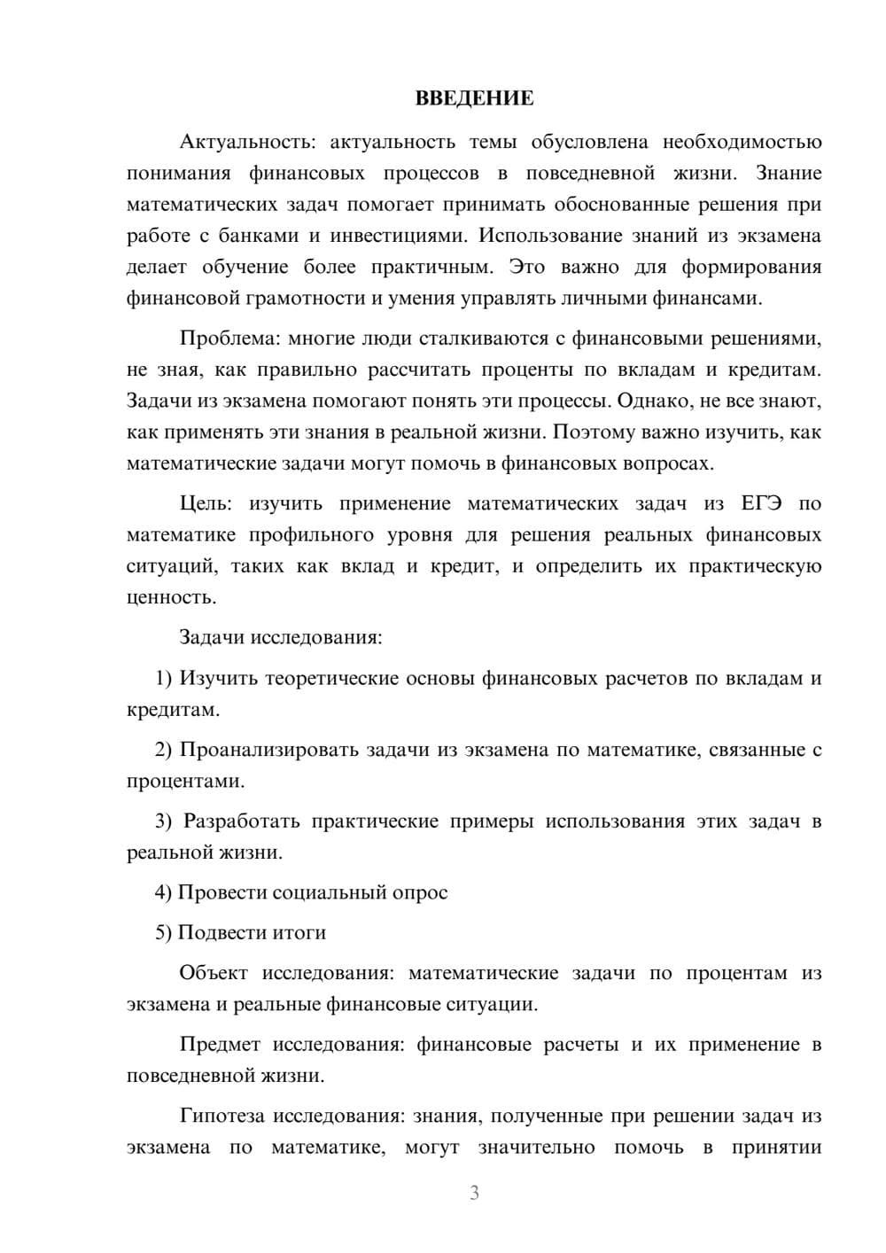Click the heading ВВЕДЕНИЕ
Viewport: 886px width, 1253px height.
474,98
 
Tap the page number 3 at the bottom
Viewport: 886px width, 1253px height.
474,1194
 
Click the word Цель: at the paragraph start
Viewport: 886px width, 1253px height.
206,503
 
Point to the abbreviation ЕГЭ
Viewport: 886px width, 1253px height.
761,503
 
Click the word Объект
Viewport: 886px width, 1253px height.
214,973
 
